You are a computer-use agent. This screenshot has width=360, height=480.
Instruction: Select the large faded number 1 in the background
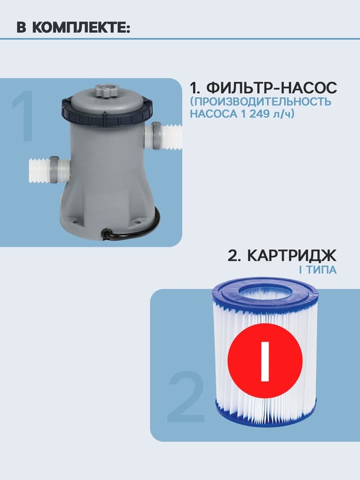[x=23, y=117]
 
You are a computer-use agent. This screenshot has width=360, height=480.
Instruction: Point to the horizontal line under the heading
[x=180, y=39]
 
